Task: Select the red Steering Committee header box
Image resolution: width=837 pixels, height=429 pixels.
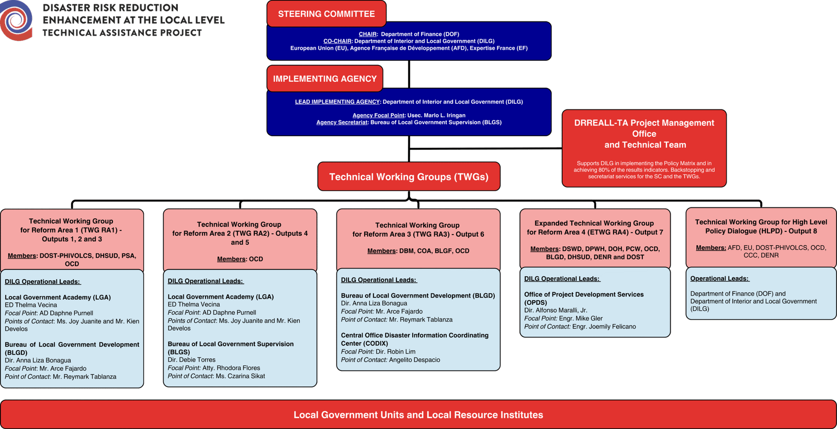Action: (326, 14)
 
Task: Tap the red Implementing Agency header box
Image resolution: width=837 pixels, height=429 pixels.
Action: (324, 79)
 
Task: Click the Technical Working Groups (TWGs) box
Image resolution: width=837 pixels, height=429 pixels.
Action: (409, 177)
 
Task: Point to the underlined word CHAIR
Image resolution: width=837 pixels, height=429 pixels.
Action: (368, 34)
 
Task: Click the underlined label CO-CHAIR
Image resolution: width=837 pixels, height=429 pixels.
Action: (337, 41)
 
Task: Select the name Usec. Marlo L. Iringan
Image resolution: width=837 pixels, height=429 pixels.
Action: (436, 115)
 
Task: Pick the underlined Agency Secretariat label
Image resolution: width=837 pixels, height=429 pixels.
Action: (342, 122)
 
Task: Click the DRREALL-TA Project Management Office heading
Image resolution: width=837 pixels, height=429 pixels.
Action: (644, 134)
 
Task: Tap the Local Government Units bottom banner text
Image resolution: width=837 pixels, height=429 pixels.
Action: (418, 415)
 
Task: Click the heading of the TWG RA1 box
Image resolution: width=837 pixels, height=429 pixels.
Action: (71, 230)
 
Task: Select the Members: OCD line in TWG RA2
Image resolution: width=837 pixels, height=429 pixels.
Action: (240, 259)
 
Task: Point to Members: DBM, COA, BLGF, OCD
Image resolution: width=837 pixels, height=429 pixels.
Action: (418, 251)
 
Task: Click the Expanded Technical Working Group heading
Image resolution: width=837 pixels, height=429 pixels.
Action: (594, 227)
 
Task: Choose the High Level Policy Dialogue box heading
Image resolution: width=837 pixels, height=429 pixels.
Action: (761, 226)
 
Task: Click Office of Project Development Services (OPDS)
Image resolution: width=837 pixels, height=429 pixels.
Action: (583, 298)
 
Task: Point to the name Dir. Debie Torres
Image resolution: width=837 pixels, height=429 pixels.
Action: (191, 360)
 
